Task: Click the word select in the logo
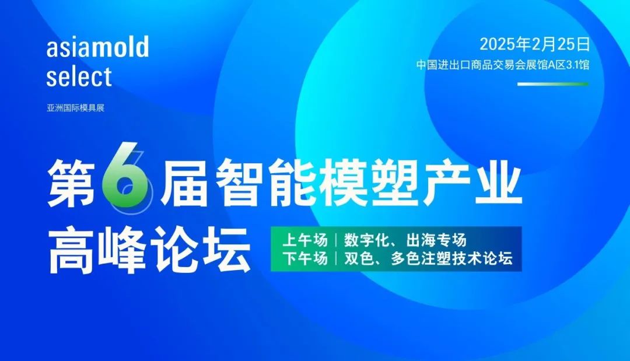(x=79, y=76)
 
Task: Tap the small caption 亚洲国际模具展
(x=75, y=108)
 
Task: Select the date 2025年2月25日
(x=535, y=44)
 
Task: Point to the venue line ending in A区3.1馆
(x=503, y=65)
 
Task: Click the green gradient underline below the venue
(x=553, y=84)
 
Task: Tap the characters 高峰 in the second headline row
(x=97, y=249)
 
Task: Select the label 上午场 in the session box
(x=305, y=240)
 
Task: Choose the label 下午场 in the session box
(x=305, y=258)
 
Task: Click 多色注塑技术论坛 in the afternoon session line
(x=452, y=258)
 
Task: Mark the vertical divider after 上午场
(x=336, y=240)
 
